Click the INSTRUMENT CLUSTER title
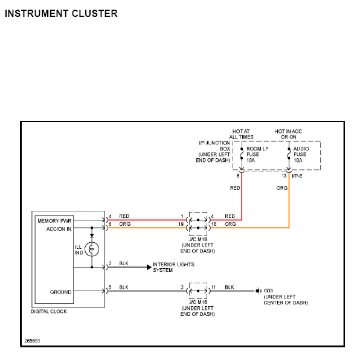click(x=61, y=13)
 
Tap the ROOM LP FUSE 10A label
click(x=257, y=155)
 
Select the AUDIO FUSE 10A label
click(x=301, y=155)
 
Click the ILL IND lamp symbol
click(x=92, y=249)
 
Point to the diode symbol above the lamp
click(x=92, y=236)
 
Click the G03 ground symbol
click(x=259, y=291)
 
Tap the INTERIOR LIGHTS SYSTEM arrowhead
click(x=149, y=267)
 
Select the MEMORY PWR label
click(x=54, y=221)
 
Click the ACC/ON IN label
click(x=59, y=229)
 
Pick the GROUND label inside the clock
click(x=60, y=292)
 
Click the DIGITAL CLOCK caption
click(x=49, y=312)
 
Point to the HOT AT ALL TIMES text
click(x=241, y=134)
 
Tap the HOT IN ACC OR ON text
click(x=288, y=134)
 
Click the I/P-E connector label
click(x=297, y=176)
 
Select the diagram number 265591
click(x=33, y=341)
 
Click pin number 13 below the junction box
click(x=284, y=176)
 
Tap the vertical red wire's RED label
click(x=235, y=188)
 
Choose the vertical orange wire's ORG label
click(x=282, y=188)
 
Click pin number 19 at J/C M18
click(x=181, y=224)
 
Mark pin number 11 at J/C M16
click(x=213, y=288)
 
